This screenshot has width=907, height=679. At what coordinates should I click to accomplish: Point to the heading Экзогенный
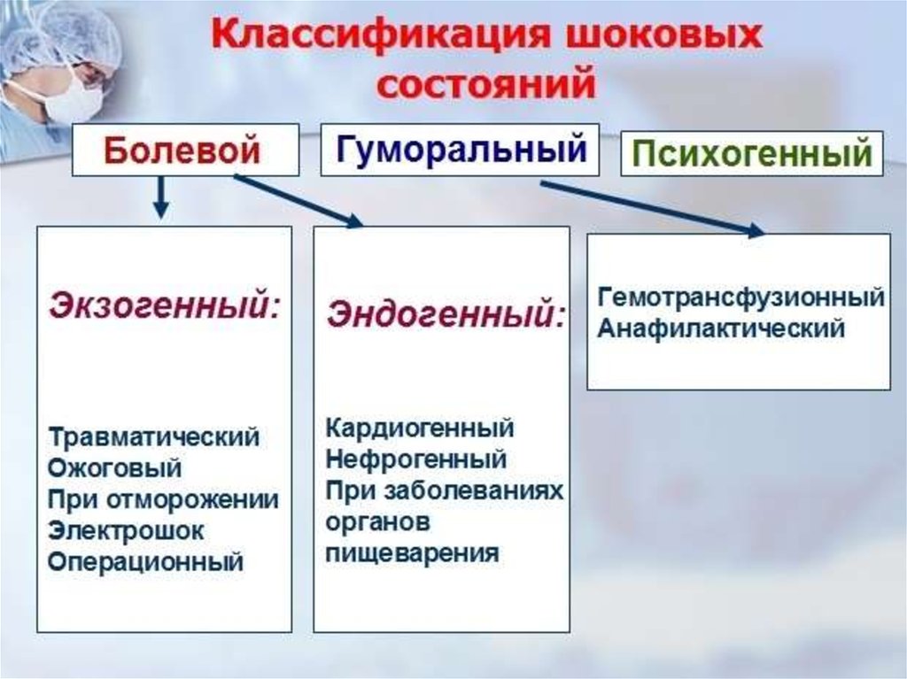[x=165, y=305]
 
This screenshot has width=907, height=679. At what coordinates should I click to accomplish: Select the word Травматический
[x=154, y=437]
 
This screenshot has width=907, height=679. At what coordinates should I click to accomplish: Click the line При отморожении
[x=164, y=499]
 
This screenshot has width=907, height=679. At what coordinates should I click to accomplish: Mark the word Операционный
[x=146, y=561]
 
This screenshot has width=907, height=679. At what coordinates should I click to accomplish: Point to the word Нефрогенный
[x=416, y=459]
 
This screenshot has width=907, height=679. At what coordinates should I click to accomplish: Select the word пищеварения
[x=412, y=553]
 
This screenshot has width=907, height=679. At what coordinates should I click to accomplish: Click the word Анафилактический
[x=721, y=328]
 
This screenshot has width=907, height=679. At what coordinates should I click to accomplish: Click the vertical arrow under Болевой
[x=160, y=197]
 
